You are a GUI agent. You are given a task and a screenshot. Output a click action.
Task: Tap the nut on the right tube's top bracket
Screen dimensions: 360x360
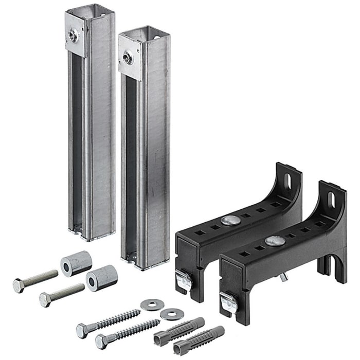128,58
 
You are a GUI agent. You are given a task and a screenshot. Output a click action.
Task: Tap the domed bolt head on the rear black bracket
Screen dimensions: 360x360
229,221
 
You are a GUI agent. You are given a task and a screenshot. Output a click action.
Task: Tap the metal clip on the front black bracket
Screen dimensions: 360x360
229,301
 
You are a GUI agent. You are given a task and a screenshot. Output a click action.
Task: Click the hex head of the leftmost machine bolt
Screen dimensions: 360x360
19,286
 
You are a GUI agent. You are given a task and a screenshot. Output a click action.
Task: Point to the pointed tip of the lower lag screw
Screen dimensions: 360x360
157,322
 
